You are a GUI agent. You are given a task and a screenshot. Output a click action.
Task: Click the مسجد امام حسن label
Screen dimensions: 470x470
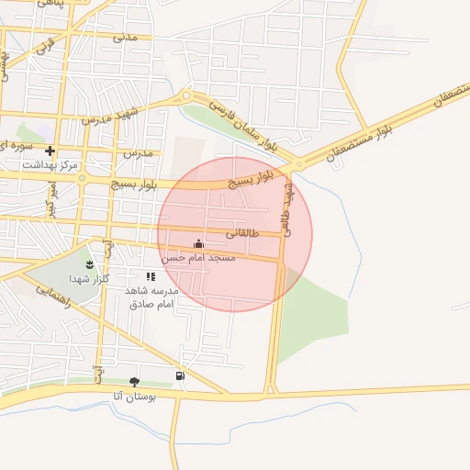tap(199, 258)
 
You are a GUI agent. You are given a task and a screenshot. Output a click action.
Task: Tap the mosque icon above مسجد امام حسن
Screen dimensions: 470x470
tap(199, 243)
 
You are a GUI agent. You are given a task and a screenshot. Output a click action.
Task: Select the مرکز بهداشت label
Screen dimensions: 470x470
tap(52, 164)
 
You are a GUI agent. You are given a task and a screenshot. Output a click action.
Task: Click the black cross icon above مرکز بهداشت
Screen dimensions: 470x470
tap(50, 151)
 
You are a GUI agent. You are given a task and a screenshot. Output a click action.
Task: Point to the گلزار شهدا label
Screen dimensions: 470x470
tap(90, 277)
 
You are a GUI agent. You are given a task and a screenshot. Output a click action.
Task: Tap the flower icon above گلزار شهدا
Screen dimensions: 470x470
tap(89, 264)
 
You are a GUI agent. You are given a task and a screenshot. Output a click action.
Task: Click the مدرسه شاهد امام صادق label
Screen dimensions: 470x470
tap(150, 296)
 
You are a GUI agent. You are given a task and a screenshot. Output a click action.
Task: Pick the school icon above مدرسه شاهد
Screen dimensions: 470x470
tap(151, 276)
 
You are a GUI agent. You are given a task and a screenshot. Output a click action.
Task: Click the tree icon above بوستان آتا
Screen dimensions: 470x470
tap(135, 382)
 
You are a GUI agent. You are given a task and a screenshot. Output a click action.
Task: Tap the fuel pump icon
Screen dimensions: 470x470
tap(180, 375)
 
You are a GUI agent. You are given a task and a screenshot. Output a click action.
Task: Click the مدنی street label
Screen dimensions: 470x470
tap(125, 39)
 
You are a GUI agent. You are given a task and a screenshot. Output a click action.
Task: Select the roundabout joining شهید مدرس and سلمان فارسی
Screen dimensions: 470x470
tap(186, 95)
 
